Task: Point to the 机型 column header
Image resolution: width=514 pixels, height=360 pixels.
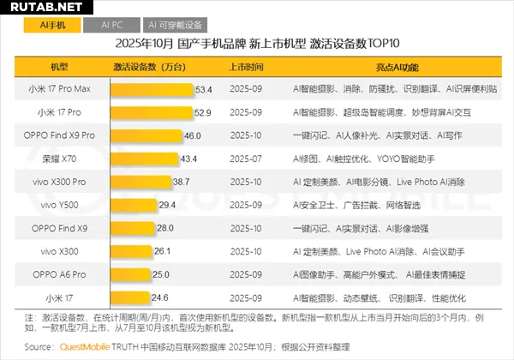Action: pyautogui.click(x=60, y=65)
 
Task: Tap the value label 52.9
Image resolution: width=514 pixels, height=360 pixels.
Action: pyautogui.click(x=202, y=111)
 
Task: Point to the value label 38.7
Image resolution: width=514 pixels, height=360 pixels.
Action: pyautogui.click(x=181, y=182)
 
